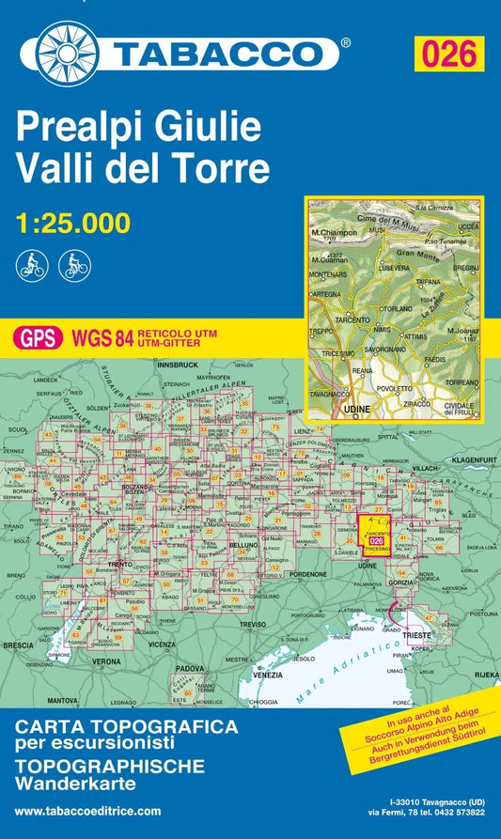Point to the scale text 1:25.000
click(x=74, y=223)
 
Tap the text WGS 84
click(x=103, y=337)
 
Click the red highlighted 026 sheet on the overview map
click(x=376, y=541)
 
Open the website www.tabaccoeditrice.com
click(x=89, y=811)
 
